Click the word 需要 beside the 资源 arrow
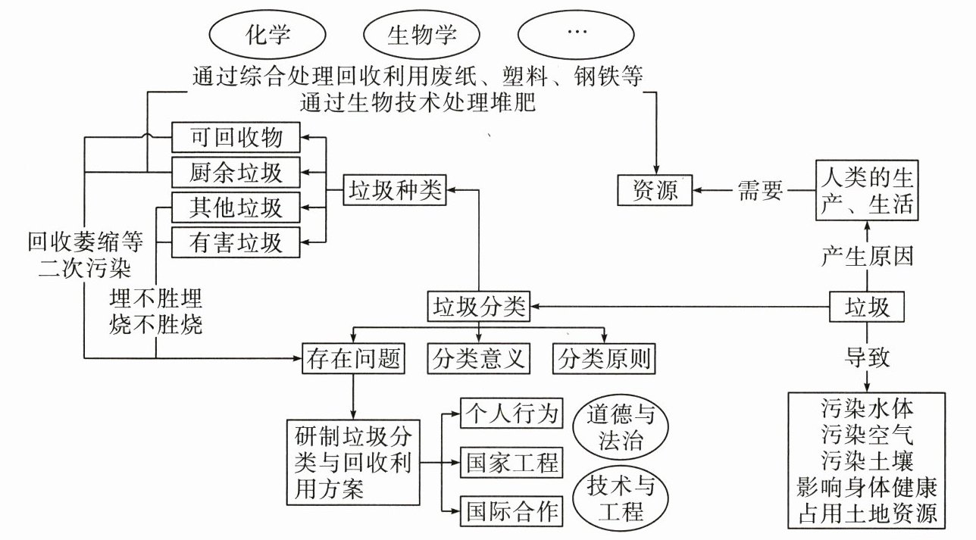(760, 190)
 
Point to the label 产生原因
(867, 256)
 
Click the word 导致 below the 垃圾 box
(867, 357)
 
